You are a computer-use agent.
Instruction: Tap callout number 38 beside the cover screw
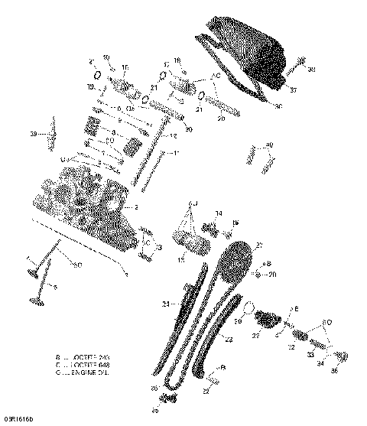(312, 70)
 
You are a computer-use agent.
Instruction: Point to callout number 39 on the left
(34, 135)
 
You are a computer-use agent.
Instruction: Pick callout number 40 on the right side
(268, 145)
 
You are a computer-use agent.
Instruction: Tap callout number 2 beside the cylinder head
(136, 207)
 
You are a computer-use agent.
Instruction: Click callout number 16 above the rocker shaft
(125, 68)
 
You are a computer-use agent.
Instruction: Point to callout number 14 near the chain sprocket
(219, 213)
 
